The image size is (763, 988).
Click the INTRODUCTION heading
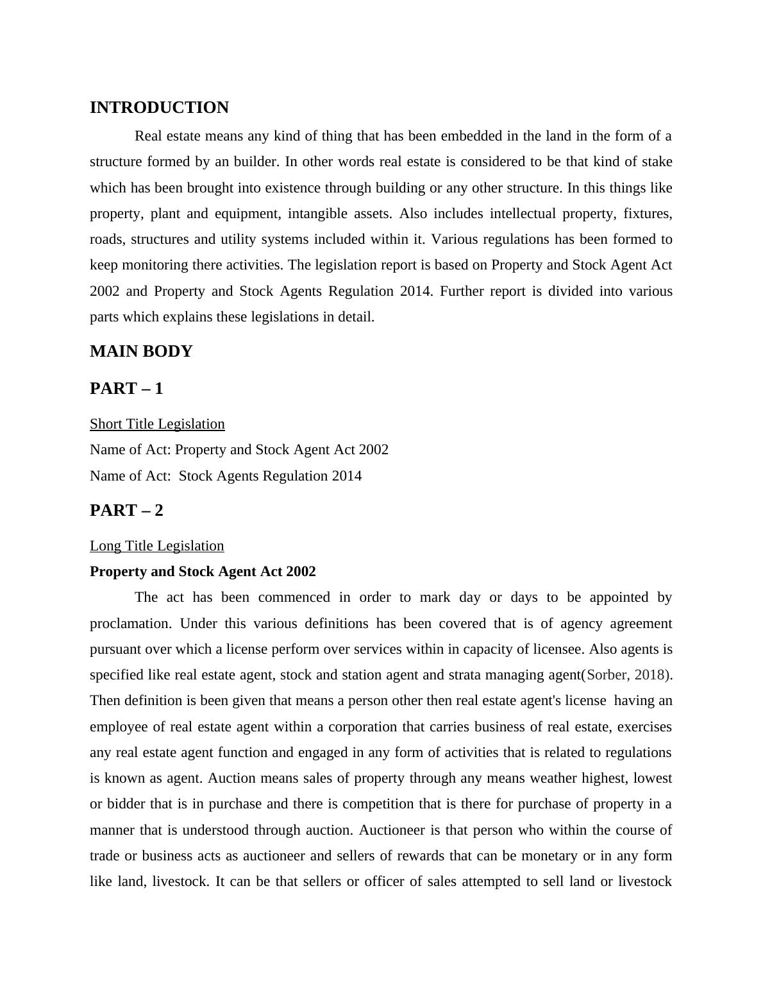(159, 108)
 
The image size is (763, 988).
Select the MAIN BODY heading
(141, 352)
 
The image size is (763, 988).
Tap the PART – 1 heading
(126, 389)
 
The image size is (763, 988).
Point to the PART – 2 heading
(126, 511)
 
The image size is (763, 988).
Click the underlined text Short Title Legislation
(157, 424)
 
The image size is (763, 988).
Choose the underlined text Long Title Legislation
(156, 546)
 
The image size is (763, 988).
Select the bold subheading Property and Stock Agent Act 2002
(203, 572)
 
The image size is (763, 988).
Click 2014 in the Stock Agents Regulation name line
(346, 476)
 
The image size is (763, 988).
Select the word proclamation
(132, 624)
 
